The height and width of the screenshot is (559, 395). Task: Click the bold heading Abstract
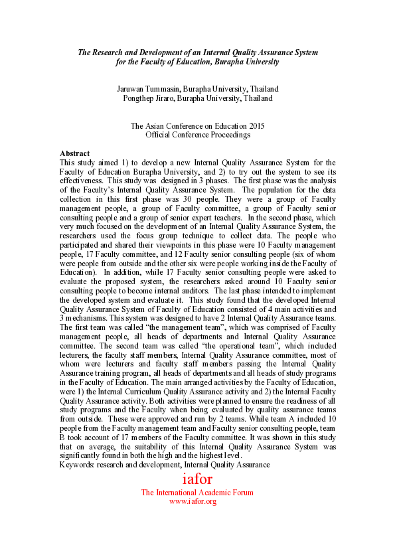[x=74, y=153]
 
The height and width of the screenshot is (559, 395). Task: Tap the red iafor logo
[x=197, y=479]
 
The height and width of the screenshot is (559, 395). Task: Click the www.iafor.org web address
[x=193, y=501]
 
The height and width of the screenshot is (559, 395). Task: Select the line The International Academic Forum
[x=197, y=493]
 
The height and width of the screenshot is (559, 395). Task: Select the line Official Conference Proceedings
[x=198, y=135]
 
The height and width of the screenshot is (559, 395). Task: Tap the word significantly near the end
[x=87, y=455]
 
